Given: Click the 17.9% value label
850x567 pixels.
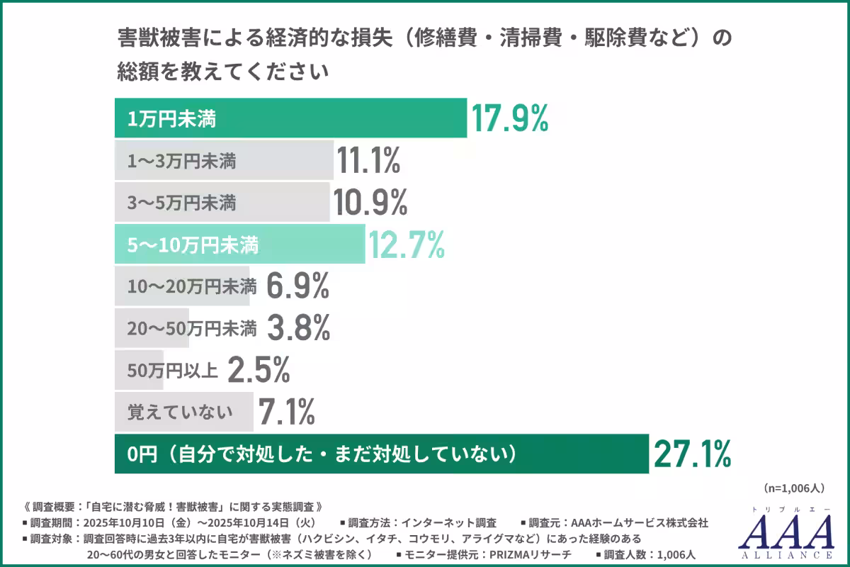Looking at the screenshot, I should [x=510, y=119].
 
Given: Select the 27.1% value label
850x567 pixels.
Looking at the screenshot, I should [x=691, y=454].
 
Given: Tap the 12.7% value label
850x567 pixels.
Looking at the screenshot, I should [x=406, y=245].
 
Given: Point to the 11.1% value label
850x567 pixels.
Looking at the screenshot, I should [x=368, y=161].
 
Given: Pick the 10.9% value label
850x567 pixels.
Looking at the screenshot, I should [x=370, y=203].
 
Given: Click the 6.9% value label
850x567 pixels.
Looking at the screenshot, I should [x=298, y=286].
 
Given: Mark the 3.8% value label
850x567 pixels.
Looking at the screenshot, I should [x=299, y=328].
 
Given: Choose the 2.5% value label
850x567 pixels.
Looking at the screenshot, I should [x=259, y=370].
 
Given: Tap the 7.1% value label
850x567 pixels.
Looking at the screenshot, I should [x=286, y=412].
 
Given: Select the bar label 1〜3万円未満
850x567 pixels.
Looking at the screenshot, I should [x=181, y=162].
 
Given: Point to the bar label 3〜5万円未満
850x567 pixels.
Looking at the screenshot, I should [x=181, y=204].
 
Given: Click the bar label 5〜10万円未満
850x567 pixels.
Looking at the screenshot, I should [x=193, y=246].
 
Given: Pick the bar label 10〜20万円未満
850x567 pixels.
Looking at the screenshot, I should [x=191, y=287].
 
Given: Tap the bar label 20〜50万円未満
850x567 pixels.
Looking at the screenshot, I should [x=191, y=329].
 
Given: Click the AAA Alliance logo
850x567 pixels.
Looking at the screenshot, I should [x=786, y=532].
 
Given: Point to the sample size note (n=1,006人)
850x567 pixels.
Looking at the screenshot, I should [x=794, y=488].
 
